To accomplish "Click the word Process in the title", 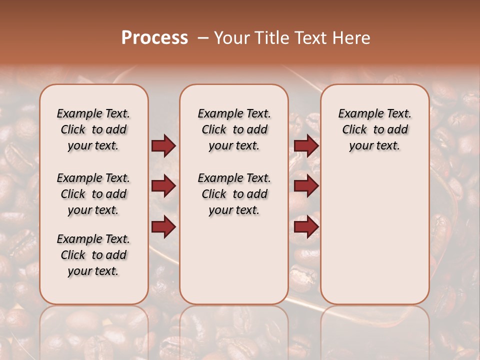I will pos(154,38).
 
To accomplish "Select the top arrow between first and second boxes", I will pos(163,146).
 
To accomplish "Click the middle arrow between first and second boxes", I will pos(163,186).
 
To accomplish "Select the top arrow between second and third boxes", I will pos(306,146).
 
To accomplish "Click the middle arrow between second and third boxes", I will pos(306,186).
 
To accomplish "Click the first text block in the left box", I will pos(93,129).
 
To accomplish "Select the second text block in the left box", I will pos(93,194).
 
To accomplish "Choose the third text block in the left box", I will pos(93,255).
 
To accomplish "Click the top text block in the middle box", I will pos(234,129).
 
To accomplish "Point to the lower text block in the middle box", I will pos(234,194).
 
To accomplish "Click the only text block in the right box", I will pos(374,129).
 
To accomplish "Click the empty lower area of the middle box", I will pos(234,260).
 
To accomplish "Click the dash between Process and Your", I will pos(203,38).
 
